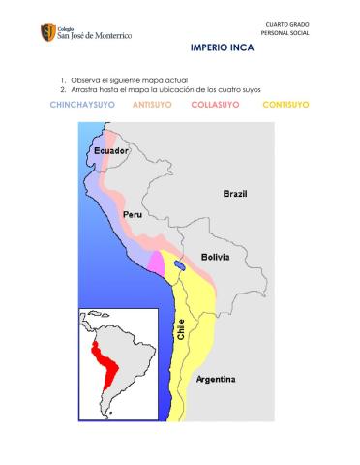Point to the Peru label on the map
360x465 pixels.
(x=133, y=213)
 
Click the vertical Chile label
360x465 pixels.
(x=180, y=329)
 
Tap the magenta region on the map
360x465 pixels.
(x=156, y=262)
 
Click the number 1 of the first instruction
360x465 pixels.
(x=62, y=79)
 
